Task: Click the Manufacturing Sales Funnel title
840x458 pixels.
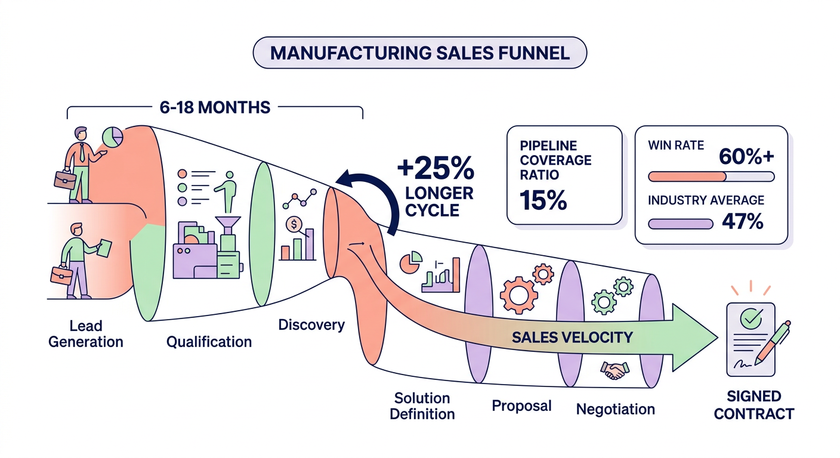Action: [420, 52]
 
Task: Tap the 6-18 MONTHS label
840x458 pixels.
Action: [215, 107]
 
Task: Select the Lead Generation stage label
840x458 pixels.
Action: [86, 334]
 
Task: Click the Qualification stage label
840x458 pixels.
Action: [209, 342]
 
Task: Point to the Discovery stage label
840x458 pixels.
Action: [311, 325]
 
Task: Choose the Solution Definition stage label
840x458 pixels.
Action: [422, 406]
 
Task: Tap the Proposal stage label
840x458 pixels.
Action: [521, 406]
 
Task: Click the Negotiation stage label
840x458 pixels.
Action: [615, 410]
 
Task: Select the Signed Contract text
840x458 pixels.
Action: [753, 405]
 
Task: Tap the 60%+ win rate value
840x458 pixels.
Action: [746, 156]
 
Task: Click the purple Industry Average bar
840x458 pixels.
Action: [680, 224]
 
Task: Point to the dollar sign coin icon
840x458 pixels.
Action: [294, 225]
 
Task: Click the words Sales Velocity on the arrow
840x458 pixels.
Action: [572, 338]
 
